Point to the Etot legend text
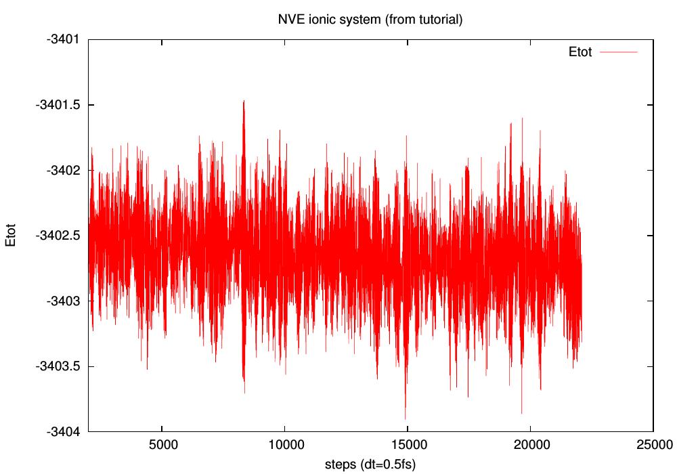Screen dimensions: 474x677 [580, 52]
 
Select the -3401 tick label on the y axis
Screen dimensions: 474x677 [63, 39]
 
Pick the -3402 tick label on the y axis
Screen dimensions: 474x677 [63, 171]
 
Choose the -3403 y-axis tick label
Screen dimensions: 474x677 [63, 301]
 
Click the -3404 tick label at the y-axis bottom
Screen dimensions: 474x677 [63, 432]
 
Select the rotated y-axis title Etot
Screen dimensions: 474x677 [12, 236]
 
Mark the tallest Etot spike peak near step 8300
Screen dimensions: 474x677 [243, 101]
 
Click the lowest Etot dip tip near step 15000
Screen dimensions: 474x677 [406, 418]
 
